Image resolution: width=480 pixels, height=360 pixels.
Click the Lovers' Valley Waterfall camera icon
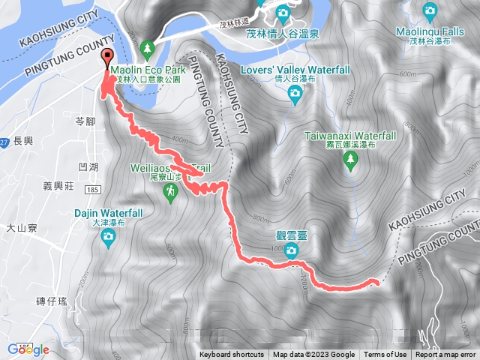(295, 92)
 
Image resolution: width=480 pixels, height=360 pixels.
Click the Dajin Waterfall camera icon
(108, 238)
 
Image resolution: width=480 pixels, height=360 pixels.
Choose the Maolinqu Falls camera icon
(430, 11)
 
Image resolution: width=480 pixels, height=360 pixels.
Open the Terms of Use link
(385, 355)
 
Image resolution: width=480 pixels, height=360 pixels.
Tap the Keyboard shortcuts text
(231, 355)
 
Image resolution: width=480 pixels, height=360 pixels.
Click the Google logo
(28, 349)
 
